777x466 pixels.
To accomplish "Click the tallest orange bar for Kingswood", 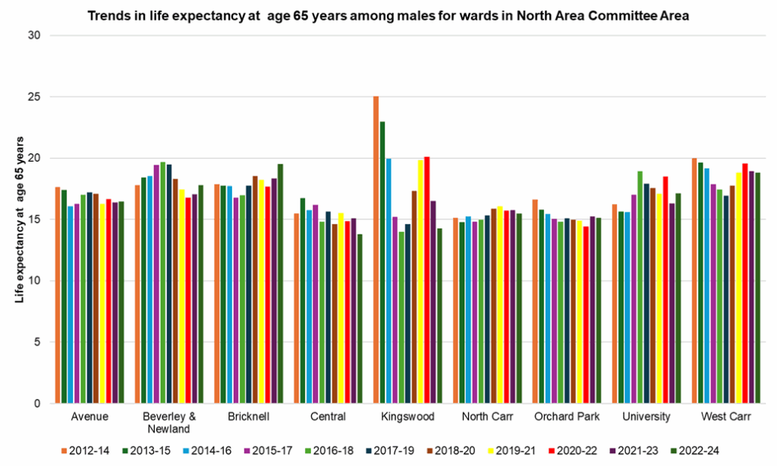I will (376, 250).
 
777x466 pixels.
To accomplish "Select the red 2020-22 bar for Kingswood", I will (426, 281).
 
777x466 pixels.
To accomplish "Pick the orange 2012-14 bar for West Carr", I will (694, 281).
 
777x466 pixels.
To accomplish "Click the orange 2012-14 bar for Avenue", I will (58, 295).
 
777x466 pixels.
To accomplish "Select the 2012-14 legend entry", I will (84, 451).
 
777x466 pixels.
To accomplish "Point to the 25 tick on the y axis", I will (35, 97).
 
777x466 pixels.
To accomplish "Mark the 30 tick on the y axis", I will (35, 36).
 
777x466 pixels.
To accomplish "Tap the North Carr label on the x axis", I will (486, 417).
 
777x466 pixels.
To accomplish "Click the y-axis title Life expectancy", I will (20, 220).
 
